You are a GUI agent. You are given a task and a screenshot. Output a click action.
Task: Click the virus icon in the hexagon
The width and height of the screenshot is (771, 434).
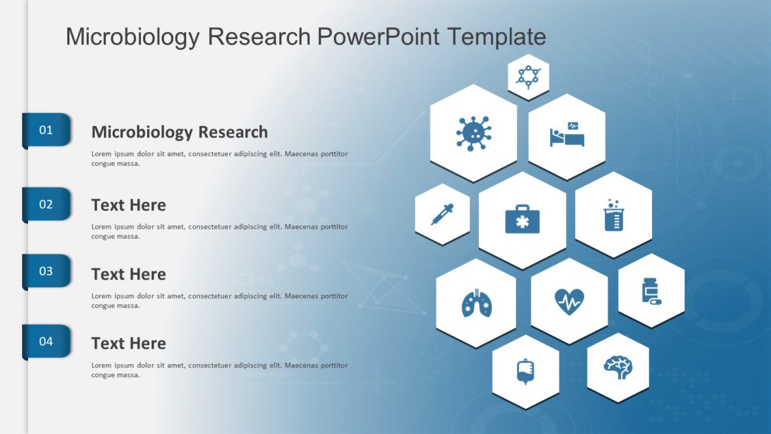473,133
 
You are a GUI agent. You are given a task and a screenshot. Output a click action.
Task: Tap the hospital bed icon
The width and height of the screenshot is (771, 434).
566,135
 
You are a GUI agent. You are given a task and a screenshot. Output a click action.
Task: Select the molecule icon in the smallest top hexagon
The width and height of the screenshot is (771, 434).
528,76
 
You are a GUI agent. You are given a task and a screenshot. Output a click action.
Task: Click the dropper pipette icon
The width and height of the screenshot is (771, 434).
442,214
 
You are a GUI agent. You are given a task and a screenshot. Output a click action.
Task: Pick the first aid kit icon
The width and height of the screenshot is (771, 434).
522,220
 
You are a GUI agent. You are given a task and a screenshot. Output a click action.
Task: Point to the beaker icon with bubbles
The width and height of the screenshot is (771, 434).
614,215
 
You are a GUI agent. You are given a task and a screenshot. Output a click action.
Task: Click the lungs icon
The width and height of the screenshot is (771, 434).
476,303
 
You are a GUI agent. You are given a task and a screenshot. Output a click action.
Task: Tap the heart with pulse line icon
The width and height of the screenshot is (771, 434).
569,301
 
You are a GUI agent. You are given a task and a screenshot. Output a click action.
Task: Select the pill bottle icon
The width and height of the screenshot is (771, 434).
651,291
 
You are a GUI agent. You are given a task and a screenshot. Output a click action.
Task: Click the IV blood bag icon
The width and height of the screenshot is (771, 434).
525,371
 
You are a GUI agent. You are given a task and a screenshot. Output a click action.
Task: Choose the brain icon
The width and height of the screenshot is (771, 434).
617,367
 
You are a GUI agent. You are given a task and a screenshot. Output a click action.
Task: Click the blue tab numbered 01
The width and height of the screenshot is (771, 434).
46,130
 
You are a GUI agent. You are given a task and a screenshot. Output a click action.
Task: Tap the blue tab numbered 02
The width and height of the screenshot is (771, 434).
46,205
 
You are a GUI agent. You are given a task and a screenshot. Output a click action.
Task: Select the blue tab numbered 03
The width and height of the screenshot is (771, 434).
46,271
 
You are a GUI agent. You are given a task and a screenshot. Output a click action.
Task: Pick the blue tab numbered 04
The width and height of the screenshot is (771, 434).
46,341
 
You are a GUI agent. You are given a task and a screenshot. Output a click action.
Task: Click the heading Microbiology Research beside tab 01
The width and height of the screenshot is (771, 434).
179,132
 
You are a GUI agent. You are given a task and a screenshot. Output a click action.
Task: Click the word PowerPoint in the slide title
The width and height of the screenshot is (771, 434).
379,37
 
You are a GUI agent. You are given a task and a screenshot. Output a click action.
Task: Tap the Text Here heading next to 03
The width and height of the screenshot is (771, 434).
128,274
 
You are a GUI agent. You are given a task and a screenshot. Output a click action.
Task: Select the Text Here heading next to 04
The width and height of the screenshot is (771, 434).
128,343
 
